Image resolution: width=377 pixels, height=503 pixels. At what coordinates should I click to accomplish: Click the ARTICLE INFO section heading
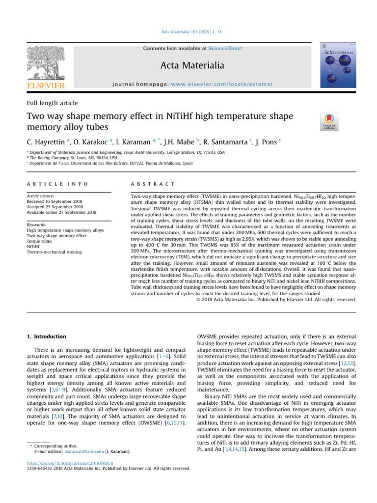point(57,184)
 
